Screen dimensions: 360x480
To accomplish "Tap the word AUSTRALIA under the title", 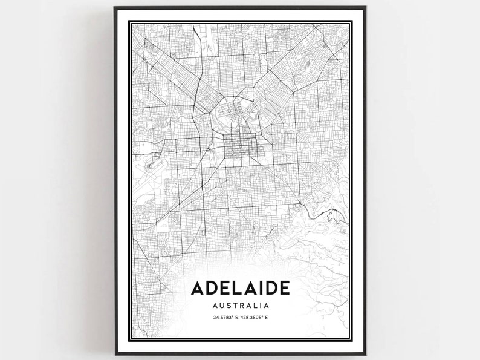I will point(239,306).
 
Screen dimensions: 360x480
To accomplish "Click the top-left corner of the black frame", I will point(115,8).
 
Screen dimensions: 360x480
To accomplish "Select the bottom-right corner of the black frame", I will point(365,353).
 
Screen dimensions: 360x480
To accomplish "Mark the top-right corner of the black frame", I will point(365,8).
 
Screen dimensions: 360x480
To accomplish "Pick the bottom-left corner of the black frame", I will point(115,353).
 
